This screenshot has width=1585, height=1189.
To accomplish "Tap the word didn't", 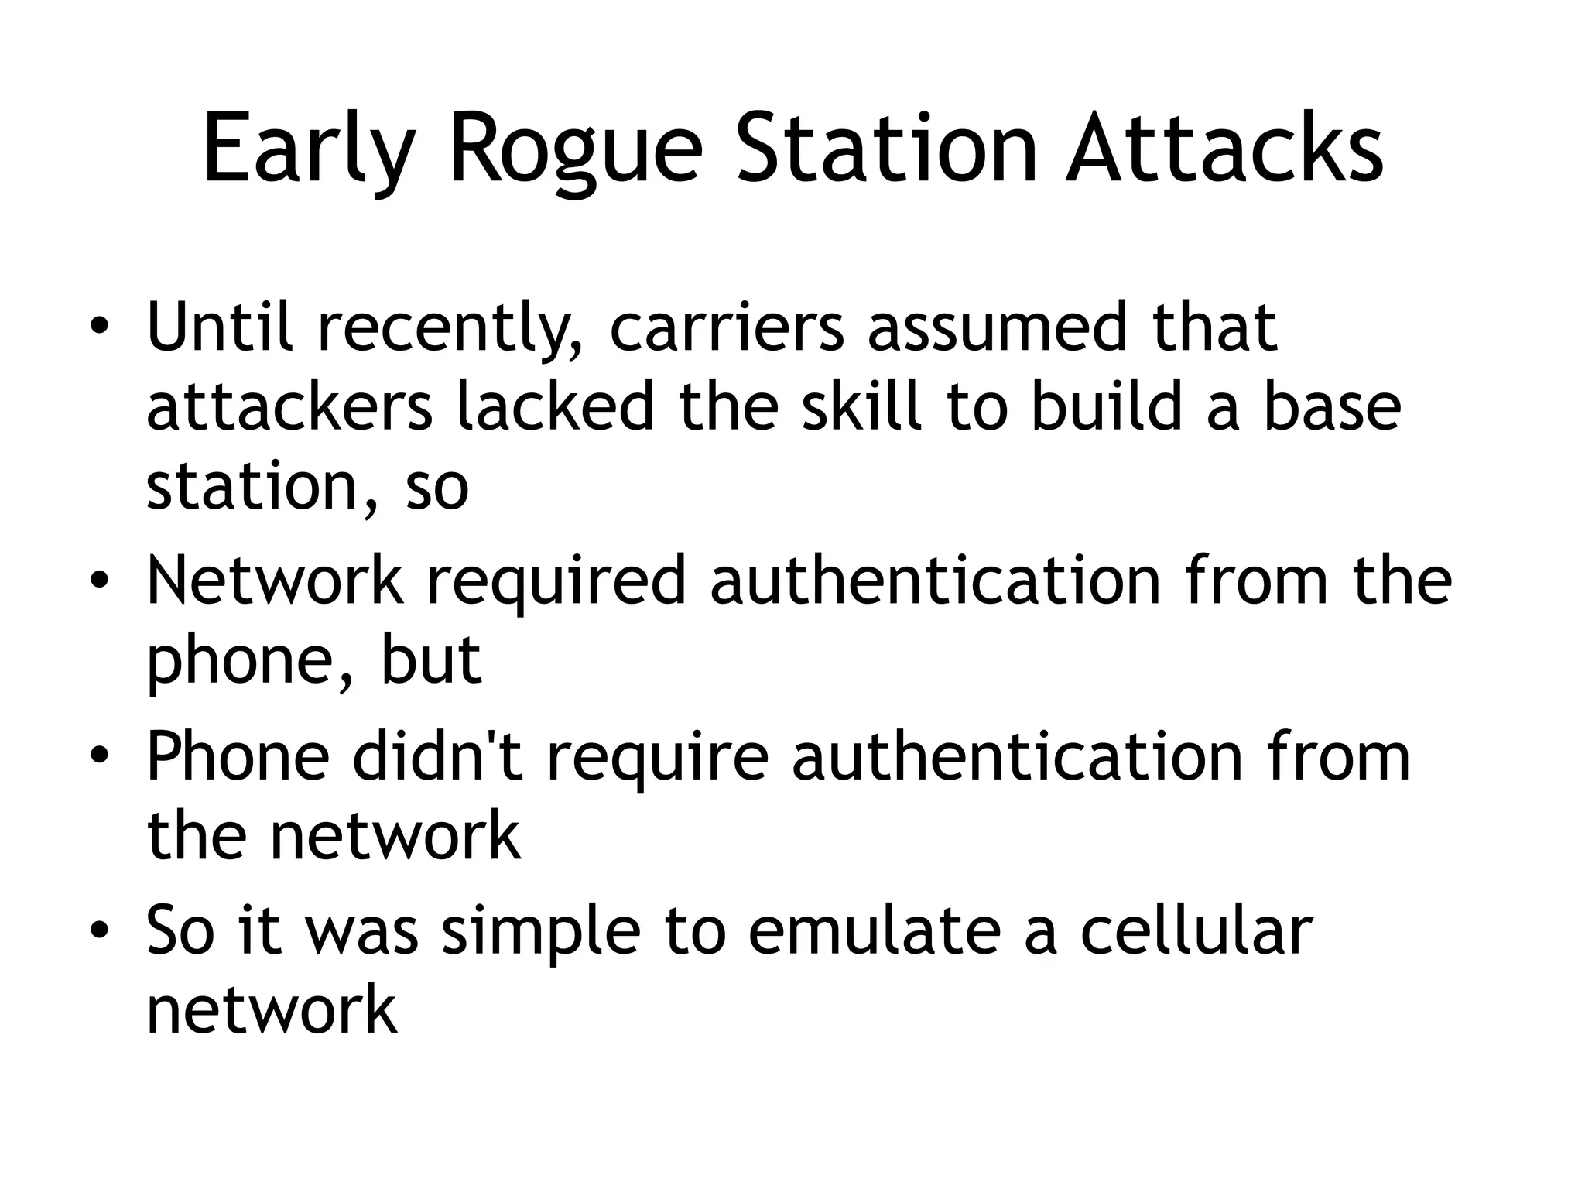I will click(438, 756).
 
